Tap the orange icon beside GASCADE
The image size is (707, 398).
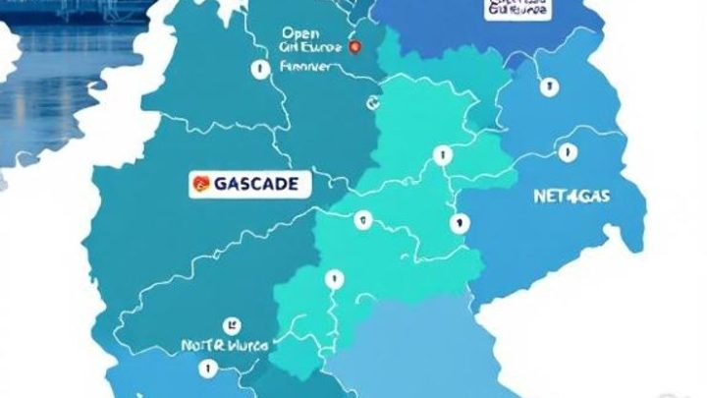201,183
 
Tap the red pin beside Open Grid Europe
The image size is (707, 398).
354,46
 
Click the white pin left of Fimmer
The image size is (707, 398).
257,69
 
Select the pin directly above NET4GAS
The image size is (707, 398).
566,153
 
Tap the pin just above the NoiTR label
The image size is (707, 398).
232,321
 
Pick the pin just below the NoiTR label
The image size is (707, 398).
207,369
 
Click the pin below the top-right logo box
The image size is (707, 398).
543,87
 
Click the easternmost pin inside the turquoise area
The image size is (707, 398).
457,223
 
